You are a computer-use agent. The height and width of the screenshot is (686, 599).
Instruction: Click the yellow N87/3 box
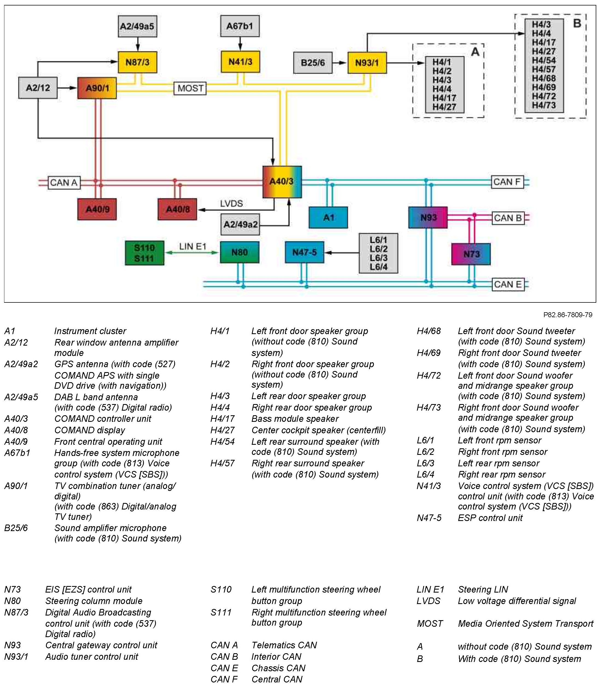(x=137, y=62)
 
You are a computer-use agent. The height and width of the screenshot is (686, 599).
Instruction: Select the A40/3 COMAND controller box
(x=282, y=182)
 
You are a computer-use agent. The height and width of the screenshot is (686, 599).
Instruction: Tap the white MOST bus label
(x=190, y=89)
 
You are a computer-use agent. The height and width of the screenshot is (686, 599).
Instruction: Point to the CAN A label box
(x=64, y=182)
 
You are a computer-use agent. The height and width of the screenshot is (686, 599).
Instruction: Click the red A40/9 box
(x=97, y=209)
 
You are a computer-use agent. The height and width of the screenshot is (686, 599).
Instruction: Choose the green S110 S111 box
(x=144, y=253)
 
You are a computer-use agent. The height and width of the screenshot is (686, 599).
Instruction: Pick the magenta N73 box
(x=471, y=254)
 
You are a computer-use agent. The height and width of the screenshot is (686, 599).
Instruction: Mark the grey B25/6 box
(x=313, y=63)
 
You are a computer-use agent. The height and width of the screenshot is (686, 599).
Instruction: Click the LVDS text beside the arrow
(x=231, y=203)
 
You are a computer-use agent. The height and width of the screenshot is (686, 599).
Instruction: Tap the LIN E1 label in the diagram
(x=193, y=246)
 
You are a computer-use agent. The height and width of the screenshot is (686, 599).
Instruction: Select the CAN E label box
(x=507, y=284)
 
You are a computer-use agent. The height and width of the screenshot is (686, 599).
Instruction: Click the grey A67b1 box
(x=240, y=26)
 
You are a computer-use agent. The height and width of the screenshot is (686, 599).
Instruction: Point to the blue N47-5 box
(x=304, y=252)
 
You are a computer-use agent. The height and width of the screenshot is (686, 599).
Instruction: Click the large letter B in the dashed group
(x=577, y=23)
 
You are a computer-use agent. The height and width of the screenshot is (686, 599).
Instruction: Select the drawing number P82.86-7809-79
(x=568, y=314)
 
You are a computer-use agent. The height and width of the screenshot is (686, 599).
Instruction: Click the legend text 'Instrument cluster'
(x=90, y=331)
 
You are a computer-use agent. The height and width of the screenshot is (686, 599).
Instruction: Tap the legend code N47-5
(x=429, y=518)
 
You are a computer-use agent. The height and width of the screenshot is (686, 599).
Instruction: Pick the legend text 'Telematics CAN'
(x=284, y=645)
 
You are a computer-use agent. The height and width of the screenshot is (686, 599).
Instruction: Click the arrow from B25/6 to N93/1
(x=340, y=63)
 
